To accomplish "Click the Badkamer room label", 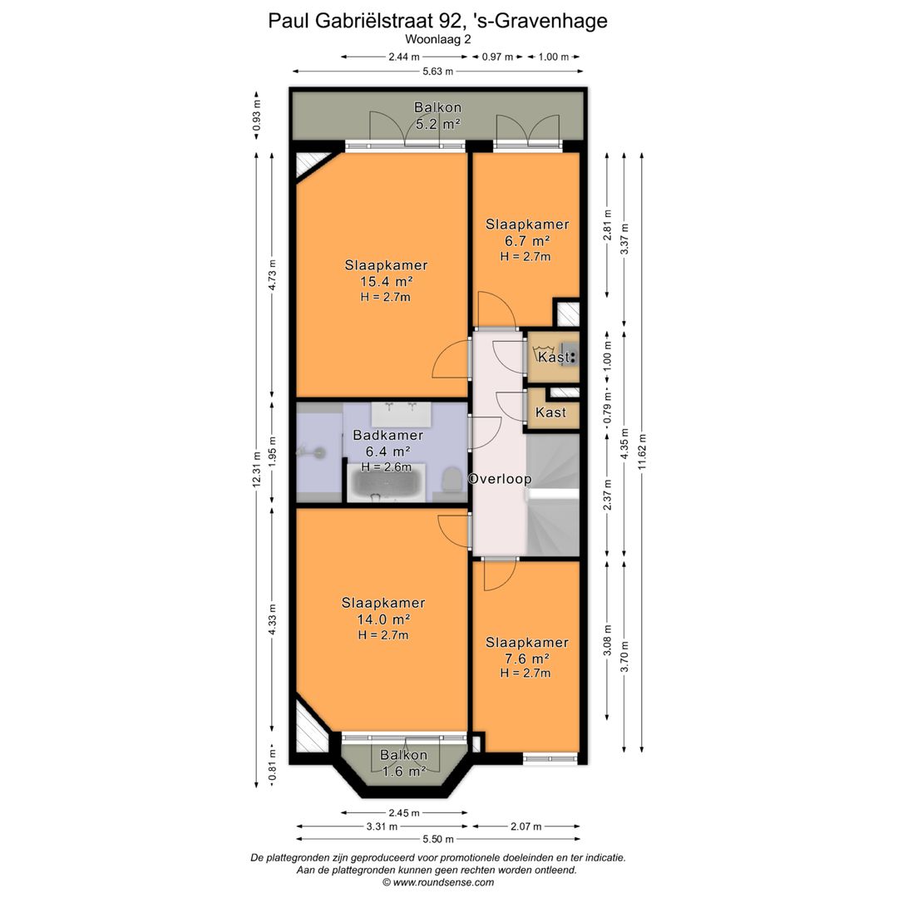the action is (387, 435).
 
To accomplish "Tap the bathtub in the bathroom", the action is (386, 483).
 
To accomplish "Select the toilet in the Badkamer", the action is (451, 479).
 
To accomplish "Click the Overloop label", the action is (500, 479).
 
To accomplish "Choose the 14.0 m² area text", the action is (383, 619).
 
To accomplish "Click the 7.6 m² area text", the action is (527, 659).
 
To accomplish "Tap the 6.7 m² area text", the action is (527, 241).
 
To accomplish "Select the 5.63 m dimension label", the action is (437, 72).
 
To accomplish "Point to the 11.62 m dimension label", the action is (642, 451).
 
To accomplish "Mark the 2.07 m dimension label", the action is (525, 826).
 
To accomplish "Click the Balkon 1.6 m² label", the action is (404, 763).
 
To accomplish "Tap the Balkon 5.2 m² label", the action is (438, 115).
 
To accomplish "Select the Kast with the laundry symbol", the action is (553, 358).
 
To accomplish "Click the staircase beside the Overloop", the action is (553, 495).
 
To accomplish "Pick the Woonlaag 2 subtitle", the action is (437, 40).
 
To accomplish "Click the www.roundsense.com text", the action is (443, 882).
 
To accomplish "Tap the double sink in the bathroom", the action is (401, 413).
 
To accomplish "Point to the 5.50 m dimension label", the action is (438, 840).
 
